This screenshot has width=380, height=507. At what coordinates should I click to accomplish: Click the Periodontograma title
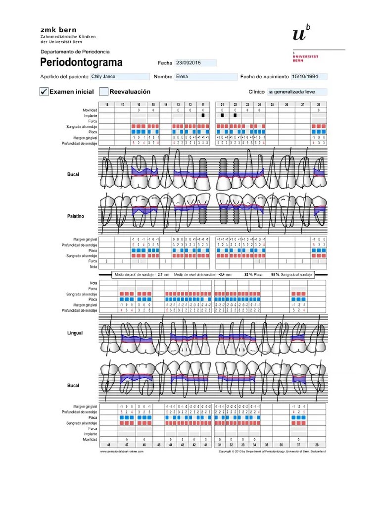tap(81, 63)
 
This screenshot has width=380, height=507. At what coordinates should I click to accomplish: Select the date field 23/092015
tap(196, 63)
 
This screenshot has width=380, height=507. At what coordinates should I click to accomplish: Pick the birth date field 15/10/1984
tap(309, 77)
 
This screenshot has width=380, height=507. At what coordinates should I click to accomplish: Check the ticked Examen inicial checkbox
tap(44, 92)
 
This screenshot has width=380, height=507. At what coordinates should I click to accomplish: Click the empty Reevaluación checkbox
tap(104, 92)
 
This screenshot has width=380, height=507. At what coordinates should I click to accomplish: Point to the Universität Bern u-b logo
tap(302, 33)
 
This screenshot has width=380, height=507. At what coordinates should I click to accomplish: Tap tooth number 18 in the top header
tap(107, 105)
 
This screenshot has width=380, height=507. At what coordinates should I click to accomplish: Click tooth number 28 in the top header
tap(319, 105)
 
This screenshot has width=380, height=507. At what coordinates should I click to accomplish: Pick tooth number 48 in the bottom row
tap(109, 445)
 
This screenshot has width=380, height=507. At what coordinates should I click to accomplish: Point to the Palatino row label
tap(76, 216)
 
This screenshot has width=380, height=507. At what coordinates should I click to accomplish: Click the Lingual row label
tap(75, 333)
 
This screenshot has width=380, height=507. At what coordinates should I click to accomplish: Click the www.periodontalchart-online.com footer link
tap(118, 451)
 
